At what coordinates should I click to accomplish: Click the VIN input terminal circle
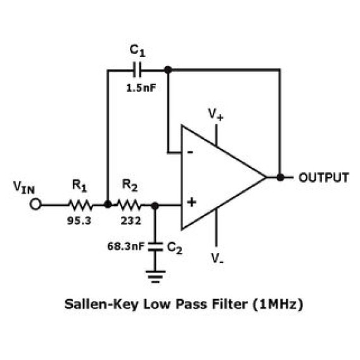pos(35,204)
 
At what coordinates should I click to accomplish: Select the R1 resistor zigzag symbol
pos(80,205)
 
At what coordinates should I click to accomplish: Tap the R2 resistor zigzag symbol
pos(129,205)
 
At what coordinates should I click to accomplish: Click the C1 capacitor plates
pos(137,70)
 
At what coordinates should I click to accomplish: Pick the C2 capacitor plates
pos(155,247)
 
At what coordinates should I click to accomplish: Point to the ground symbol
pos(155,277)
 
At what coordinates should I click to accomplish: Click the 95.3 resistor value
pos(79,221)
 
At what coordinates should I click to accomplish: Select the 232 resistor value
pos(131,221)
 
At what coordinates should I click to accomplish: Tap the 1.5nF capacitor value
pos(141,88)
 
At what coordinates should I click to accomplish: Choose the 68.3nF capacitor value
pos(126,247)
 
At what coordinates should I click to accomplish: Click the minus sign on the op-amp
pos(190,152)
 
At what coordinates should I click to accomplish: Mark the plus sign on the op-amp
pos(191,203)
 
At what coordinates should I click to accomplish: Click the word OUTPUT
pos(323,177)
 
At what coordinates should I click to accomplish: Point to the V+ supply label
pos(215,114)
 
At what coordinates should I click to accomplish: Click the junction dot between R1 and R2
pos(108,204)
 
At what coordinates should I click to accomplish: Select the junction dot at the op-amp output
pos(280,177)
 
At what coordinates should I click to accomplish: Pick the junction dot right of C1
pos(168,70)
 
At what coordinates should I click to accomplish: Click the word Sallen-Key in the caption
pos(101,304)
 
